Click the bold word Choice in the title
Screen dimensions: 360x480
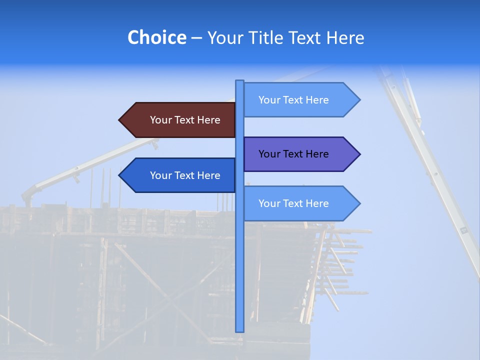(x=156, y=37)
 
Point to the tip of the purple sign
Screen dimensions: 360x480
(x=359, y=154)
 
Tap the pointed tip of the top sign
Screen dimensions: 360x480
(x=359, y=100)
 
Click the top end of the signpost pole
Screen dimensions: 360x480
(x=239, y=81)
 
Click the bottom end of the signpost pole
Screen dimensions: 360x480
(x=239, y=330)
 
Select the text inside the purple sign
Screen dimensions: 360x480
(x=293, y=154)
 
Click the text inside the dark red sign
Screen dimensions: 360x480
(x=185, y=120)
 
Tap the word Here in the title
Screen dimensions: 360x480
(x=345, y=37)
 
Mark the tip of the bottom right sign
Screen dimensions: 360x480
(x=359, y=203)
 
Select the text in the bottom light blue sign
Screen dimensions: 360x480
(x=293, y=203)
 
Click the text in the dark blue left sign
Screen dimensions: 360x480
(x=185, y=175)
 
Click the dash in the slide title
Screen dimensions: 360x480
(x=196, y=38)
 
